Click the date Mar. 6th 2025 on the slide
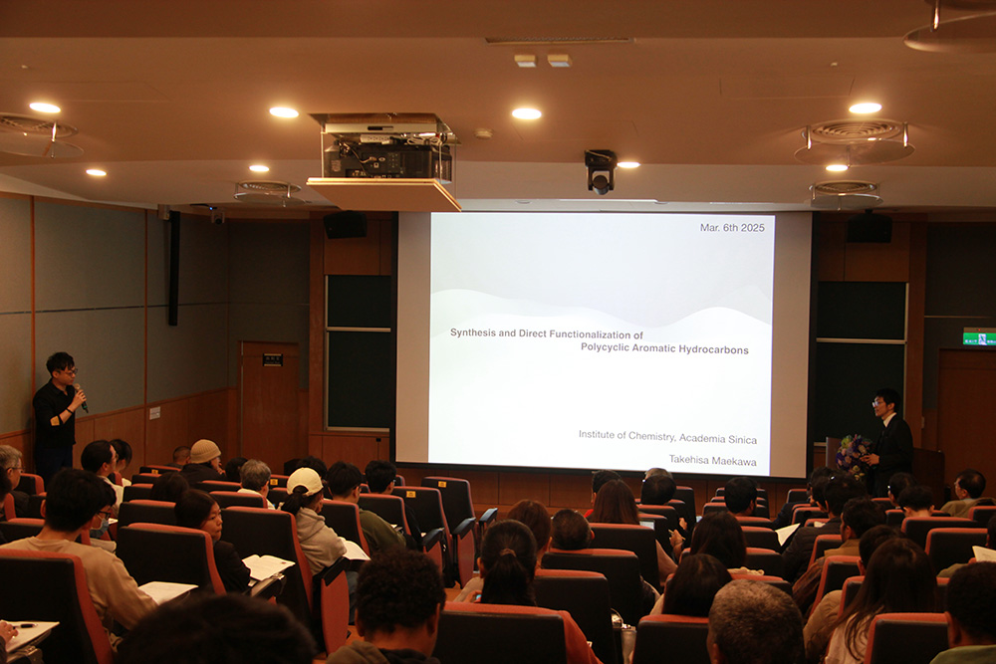coord(732,227)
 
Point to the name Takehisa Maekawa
coord(712,461)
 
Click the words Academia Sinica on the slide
coord(718,438)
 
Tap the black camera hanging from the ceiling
coord(601,171)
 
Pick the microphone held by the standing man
coord(81,397)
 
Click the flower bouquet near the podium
coord(852,455)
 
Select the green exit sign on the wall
coord(979,337)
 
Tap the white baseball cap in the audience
coord(304,481)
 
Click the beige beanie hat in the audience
coord(204,451)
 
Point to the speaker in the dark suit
coord(891,440)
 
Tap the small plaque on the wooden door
coord(273,360)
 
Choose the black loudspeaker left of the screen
coord(345,225)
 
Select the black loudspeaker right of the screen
coord(869,227)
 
